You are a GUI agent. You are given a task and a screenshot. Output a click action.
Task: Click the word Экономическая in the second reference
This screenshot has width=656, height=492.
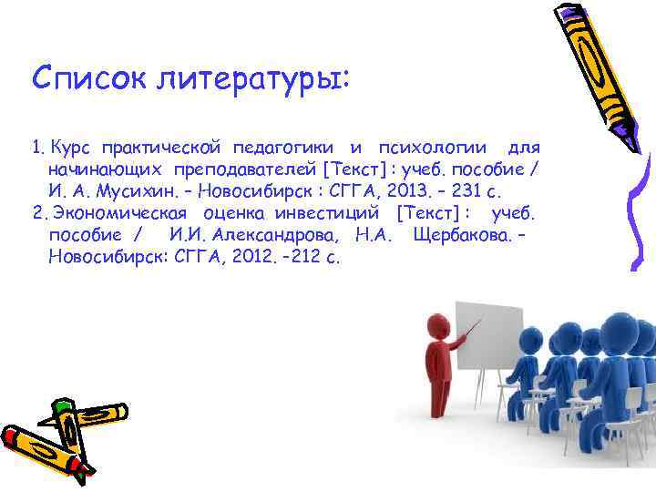pyautogui.click(x=119, y=212)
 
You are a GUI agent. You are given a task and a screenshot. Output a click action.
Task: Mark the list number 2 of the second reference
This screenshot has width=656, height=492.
pyautogui.click(x=36, y=212)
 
